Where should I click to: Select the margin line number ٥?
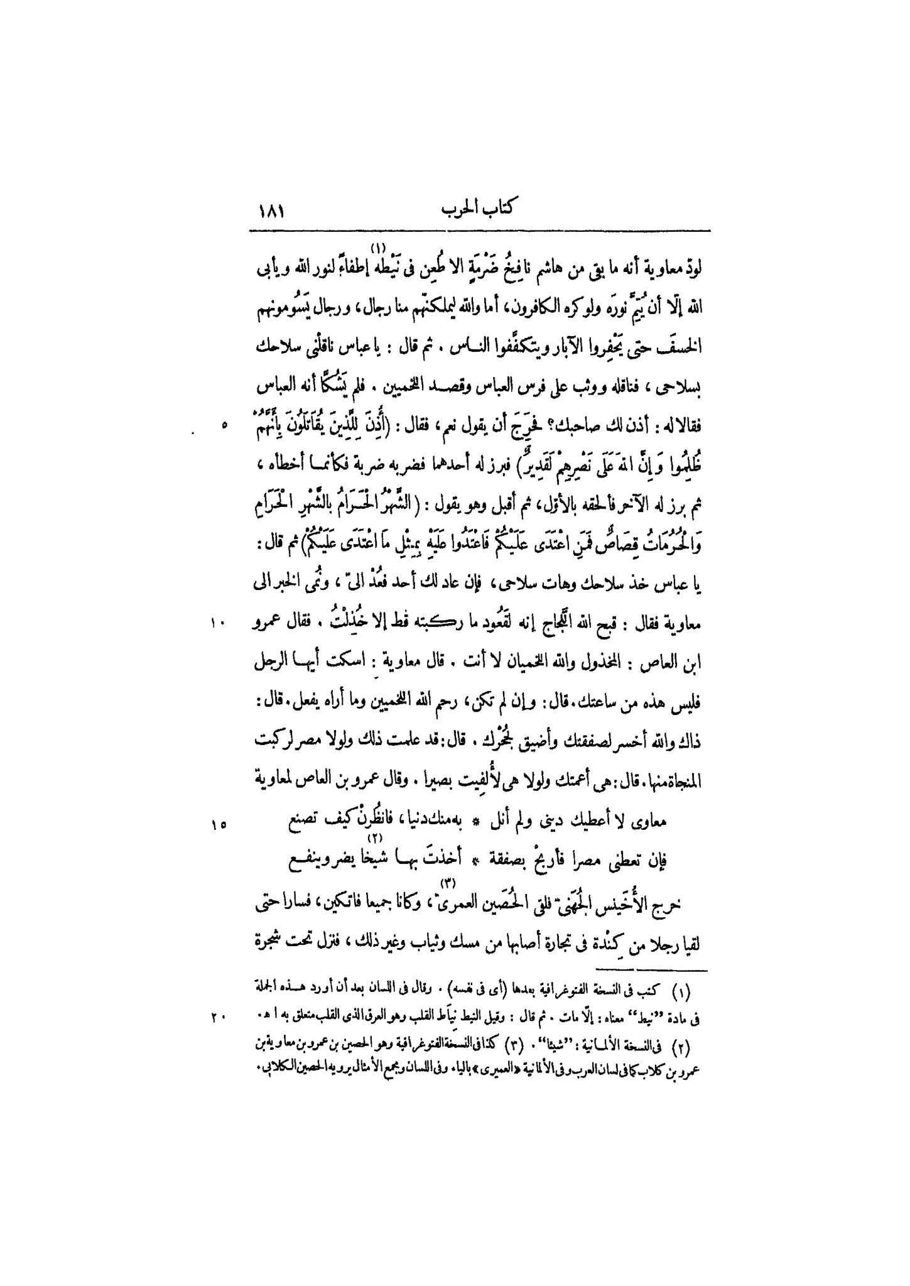tap(224, 426)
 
